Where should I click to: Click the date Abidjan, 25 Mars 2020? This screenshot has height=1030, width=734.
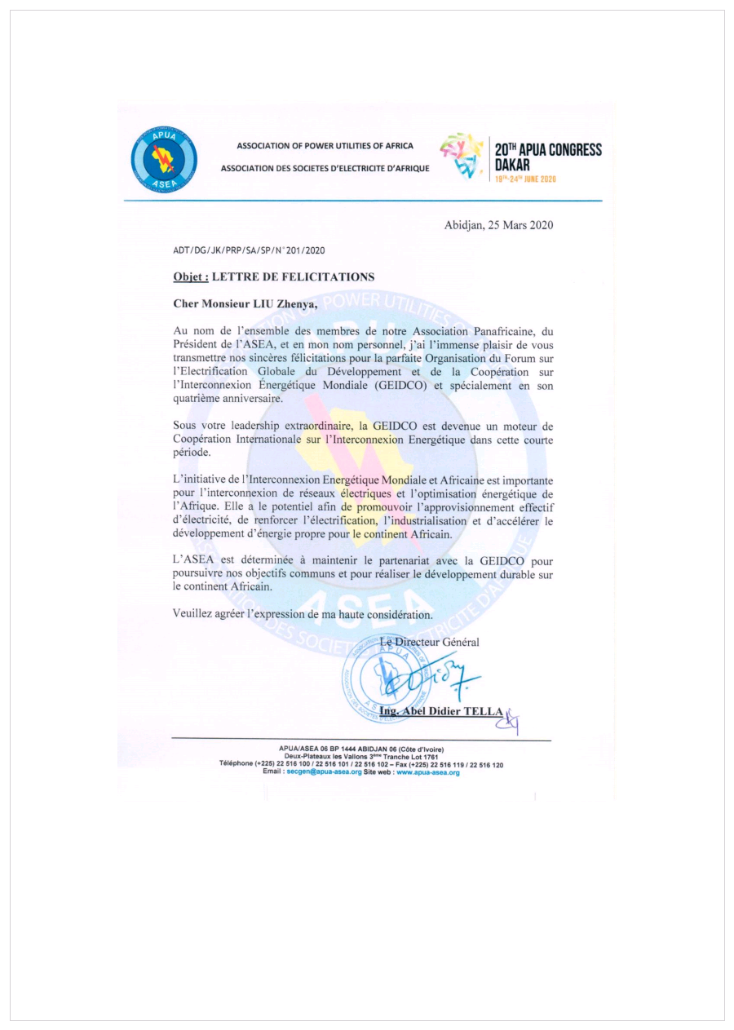point(498,225)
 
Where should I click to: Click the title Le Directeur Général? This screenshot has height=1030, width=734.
point(430,642)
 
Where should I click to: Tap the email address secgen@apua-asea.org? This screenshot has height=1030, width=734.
point(324,771)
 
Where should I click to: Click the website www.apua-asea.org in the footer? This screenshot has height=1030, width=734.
point(429,771)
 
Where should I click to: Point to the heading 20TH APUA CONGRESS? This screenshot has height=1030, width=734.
point(548,150)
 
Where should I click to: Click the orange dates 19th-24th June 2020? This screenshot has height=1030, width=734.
point(525,178)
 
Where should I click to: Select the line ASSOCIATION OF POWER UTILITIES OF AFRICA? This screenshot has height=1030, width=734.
point(325,146)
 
